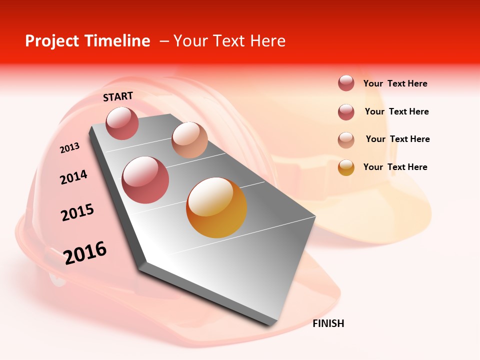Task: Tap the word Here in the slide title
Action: tap(267, 41)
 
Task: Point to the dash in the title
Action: tap(164, 41)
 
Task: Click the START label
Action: tap(118, 96)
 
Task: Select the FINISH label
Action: tap(328, 323)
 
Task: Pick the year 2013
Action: tap(69, 148)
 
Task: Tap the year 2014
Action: tap(73, 177)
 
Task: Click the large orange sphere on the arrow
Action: tap(216, 207)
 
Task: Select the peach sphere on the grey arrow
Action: tap(189, 140)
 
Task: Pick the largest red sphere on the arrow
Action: tap(145, 179)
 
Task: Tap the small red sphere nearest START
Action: tap(122, 123)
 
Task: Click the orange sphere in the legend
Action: tap(346, 167)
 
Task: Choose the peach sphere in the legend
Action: tap(346, 139)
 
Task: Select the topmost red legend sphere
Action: tap(346, 83)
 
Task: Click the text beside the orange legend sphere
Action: tap(395, 167)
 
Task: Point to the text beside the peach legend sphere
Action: tap(397, 139)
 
